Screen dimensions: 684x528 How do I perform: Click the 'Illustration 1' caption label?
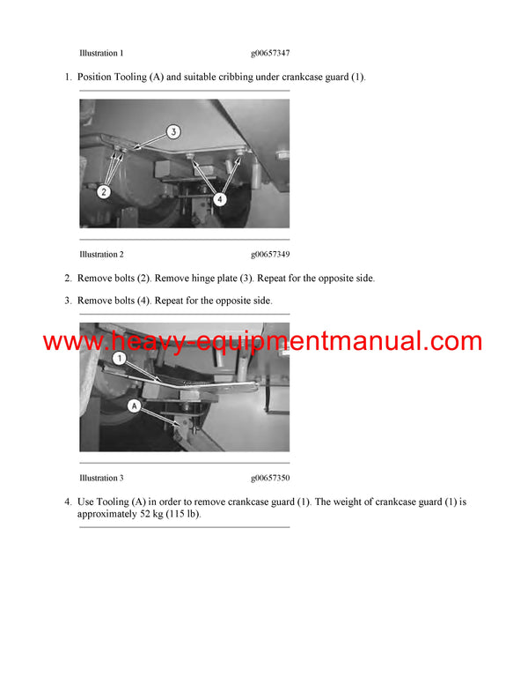pyautogui.click(x=101, y=53)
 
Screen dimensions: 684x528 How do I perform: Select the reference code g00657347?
pyautogui.click(x=270, y=53)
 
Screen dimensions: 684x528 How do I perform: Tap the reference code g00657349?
pyautogui.click(x=270, y=255)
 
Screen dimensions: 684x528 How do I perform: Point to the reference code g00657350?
pyautogui.click(x=270, y=478)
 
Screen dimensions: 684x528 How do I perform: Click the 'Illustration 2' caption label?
pyautogui.click(x=101, y=255)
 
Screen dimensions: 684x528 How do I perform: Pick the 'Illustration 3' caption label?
pyautogui.click(x=101, y=478)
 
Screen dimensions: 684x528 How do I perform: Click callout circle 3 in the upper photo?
pyautogui.click(x=173, y=131)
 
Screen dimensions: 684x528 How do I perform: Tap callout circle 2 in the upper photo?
pyautogui.click(x=103, y=190)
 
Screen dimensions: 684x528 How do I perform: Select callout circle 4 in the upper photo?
pyautogui.click(x=219, y=199)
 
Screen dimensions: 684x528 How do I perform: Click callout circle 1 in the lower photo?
pyautogui.click(x=118, y=359)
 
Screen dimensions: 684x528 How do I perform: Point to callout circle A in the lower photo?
pyautogui.click(x=133, y=407)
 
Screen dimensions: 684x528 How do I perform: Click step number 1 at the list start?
pyautogui.click(x=68, y=78)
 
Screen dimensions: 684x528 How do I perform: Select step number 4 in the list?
pyautogui.click(x=68, y=502)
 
